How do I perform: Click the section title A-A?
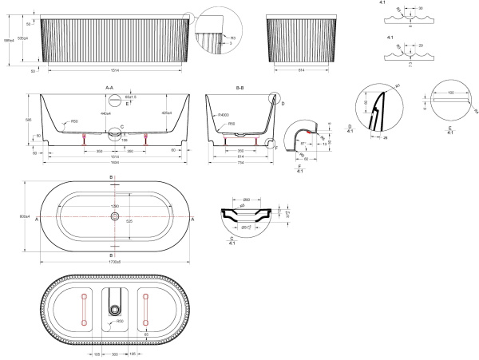[x=109, y=86]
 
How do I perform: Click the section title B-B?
[x=240, y=86]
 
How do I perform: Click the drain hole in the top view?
[x=115, y=216]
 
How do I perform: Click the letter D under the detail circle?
[x=350, y=126]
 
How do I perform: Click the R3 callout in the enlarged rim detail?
[x=232, y=37]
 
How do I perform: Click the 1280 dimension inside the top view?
[x=114, y=207]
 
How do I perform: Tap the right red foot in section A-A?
[x=146, y=140]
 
